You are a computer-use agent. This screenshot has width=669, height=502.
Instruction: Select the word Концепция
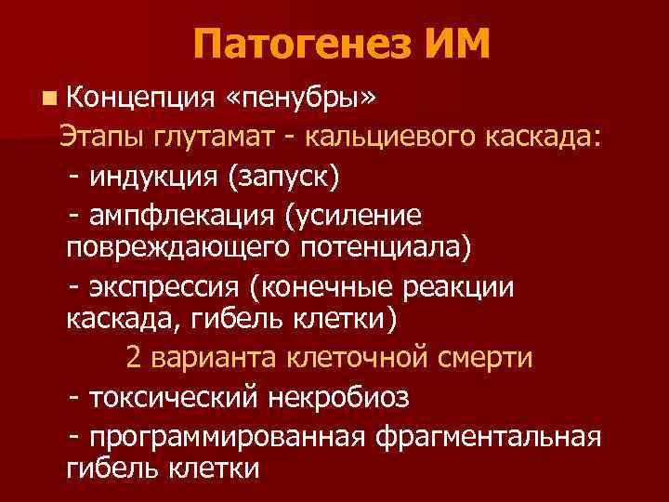pos(138,96)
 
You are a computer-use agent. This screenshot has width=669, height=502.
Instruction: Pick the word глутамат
pos(216,137)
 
